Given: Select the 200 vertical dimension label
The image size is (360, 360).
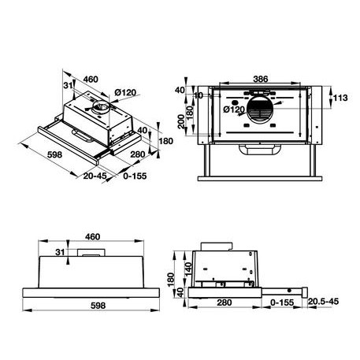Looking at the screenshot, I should (183, 122).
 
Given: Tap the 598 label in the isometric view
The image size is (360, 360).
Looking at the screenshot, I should (32, 155).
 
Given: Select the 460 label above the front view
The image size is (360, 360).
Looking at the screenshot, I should (93, 236).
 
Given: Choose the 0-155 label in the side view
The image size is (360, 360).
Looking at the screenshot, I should (281, 302).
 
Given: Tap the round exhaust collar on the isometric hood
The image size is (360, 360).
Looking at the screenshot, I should (100, 103).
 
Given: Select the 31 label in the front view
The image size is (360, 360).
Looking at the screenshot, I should (60, 252).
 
